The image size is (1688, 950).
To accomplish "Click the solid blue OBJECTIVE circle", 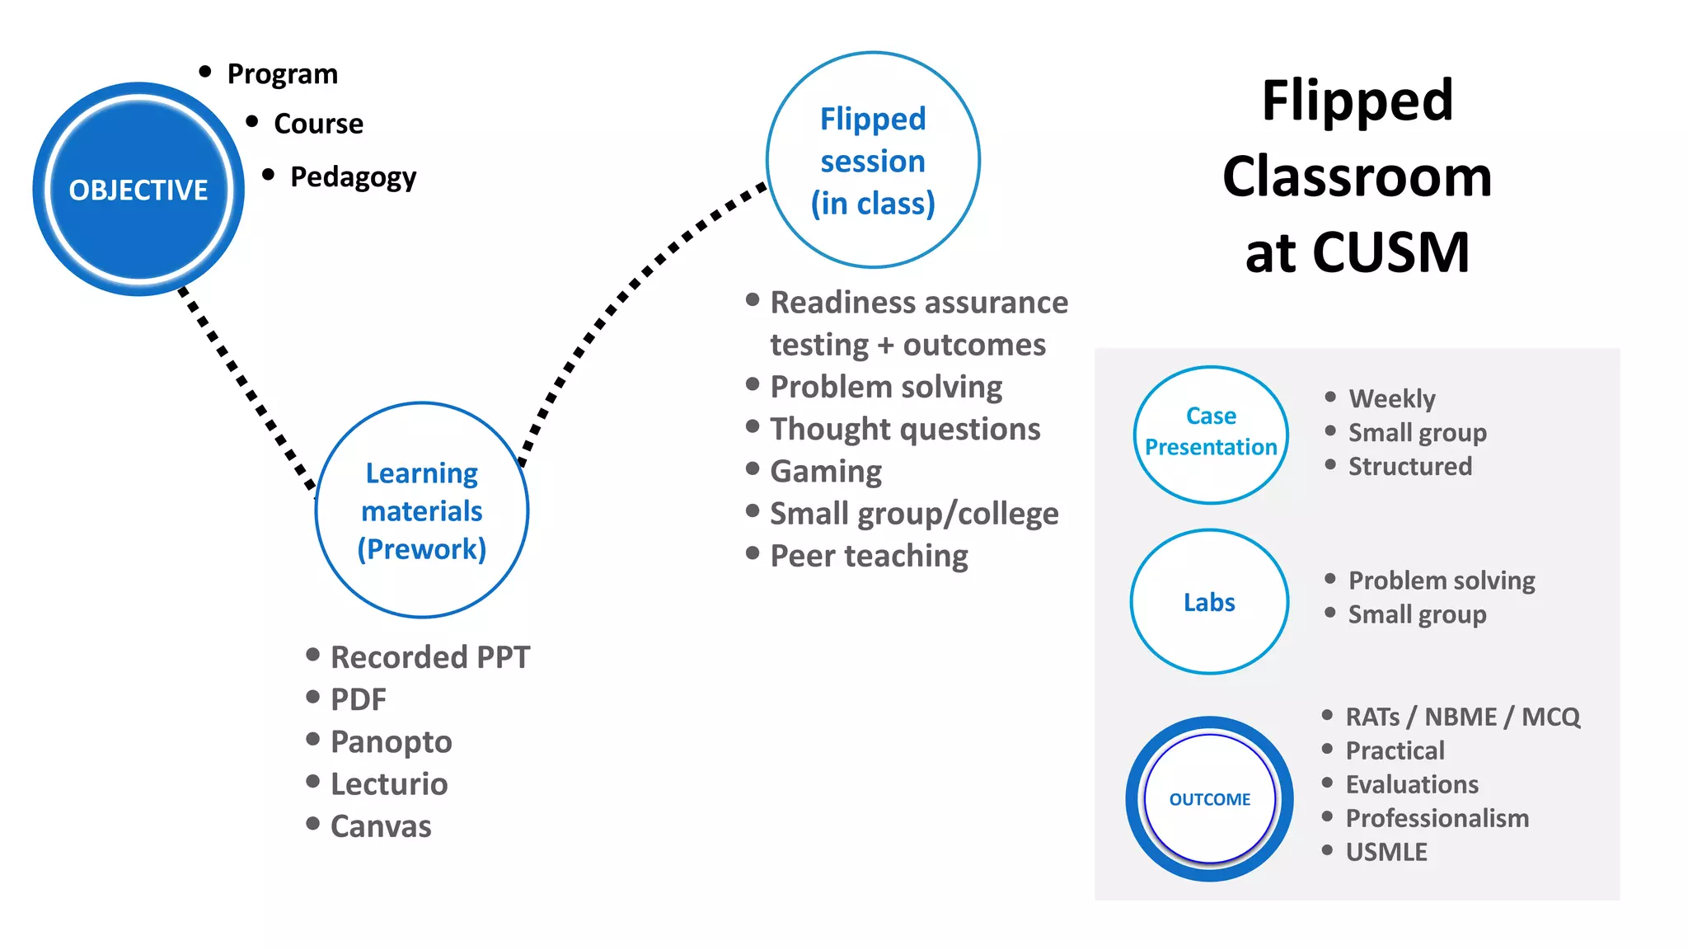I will [138, 189].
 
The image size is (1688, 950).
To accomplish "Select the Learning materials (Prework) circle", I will [422, 510].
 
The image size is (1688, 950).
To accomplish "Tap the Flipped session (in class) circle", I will [873, 160].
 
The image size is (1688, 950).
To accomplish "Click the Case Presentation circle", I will [1210, 434].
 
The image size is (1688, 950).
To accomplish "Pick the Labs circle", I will [1209, 602].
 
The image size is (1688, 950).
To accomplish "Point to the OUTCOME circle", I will [1209, 799].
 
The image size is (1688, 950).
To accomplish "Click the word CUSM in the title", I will [1390, 252].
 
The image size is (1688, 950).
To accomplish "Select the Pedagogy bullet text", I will [353, 177].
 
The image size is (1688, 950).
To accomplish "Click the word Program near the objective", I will [283, 74].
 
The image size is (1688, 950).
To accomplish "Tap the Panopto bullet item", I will [391, 742].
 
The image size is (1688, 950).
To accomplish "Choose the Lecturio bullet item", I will [389, 784].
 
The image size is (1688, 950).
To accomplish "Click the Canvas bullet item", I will [381, 826].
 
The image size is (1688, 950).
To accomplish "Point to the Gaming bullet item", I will [826, 472].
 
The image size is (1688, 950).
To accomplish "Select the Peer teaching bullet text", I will [869, 556].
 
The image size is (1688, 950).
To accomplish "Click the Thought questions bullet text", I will [905, 430].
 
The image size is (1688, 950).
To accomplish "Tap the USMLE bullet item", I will [1386, 852].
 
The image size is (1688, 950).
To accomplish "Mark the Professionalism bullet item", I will [1437, 818].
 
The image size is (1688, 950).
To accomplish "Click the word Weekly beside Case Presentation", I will [1392, 399].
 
